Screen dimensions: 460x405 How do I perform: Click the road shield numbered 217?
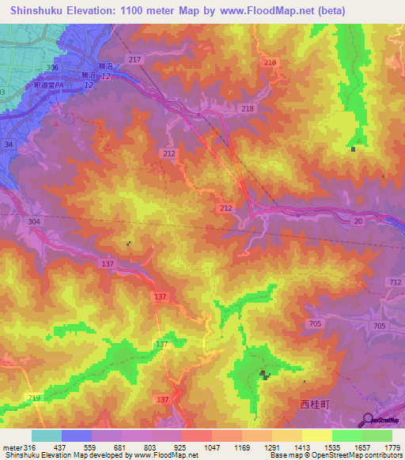coord(134,60)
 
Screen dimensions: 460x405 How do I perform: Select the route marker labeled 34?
coord(9,145)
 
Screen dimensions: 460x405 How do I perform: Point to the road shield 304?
coord(34,222)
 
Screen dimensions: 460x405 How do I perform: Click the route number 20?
coord(358,222)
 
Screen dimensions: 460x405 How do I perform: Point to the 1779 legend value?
coord(388,447)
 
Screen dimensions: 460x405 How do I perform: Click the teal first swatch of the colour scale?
coord(47,435)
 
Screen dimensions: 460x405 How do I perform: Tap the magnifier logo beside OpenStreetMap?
coord(369,420)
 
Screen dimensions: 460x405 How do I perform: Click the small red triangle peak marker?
coord(56,123)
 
